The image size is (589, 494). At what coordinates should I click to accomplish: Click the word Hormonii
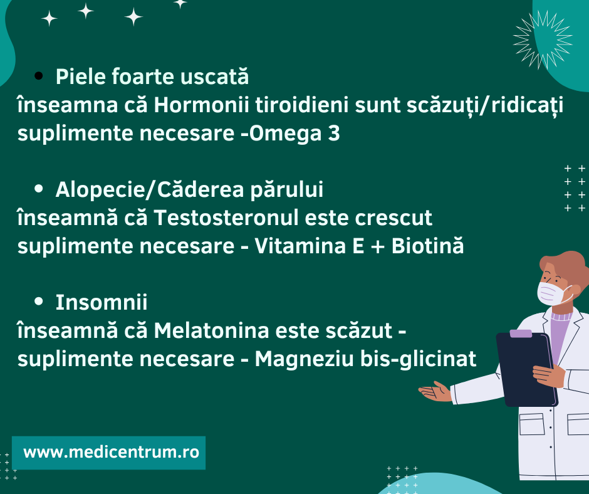(x=201, y=105)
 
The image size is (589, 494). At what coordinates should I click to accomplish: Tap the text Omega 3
(x=294, y=134)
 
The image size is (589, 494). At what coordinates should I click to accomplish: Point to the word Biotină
(x=427, y=246)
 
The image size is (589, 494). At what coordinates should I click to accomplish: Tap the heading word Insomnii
(x=102, y=302)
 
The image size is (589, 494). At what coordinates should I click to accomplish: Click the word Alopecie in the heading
(x=100, y=190)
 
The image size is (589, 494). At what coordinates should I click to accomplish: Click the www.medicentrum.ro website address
(x=111, y=452)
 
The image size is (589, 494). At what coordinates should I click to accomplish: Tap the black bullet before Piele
(x=38, y=76)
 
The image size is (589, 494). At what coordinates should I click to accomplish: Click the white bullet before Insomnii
(x=38, y=301)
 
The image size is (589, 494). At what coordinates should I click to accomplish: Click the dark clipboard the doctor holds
(x=526, y=369)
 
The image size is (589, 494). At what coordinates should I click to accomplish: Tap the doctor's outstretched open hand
(x=435, y=391)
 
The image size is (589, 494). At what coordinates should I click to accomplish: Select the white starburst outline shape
(x=543, y=39)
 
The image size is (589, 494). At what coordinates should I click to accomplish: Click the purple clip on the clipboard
(x=521, y=334)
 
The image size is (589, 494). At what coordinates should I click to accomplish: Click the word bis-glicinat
(x=419, y=359)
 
